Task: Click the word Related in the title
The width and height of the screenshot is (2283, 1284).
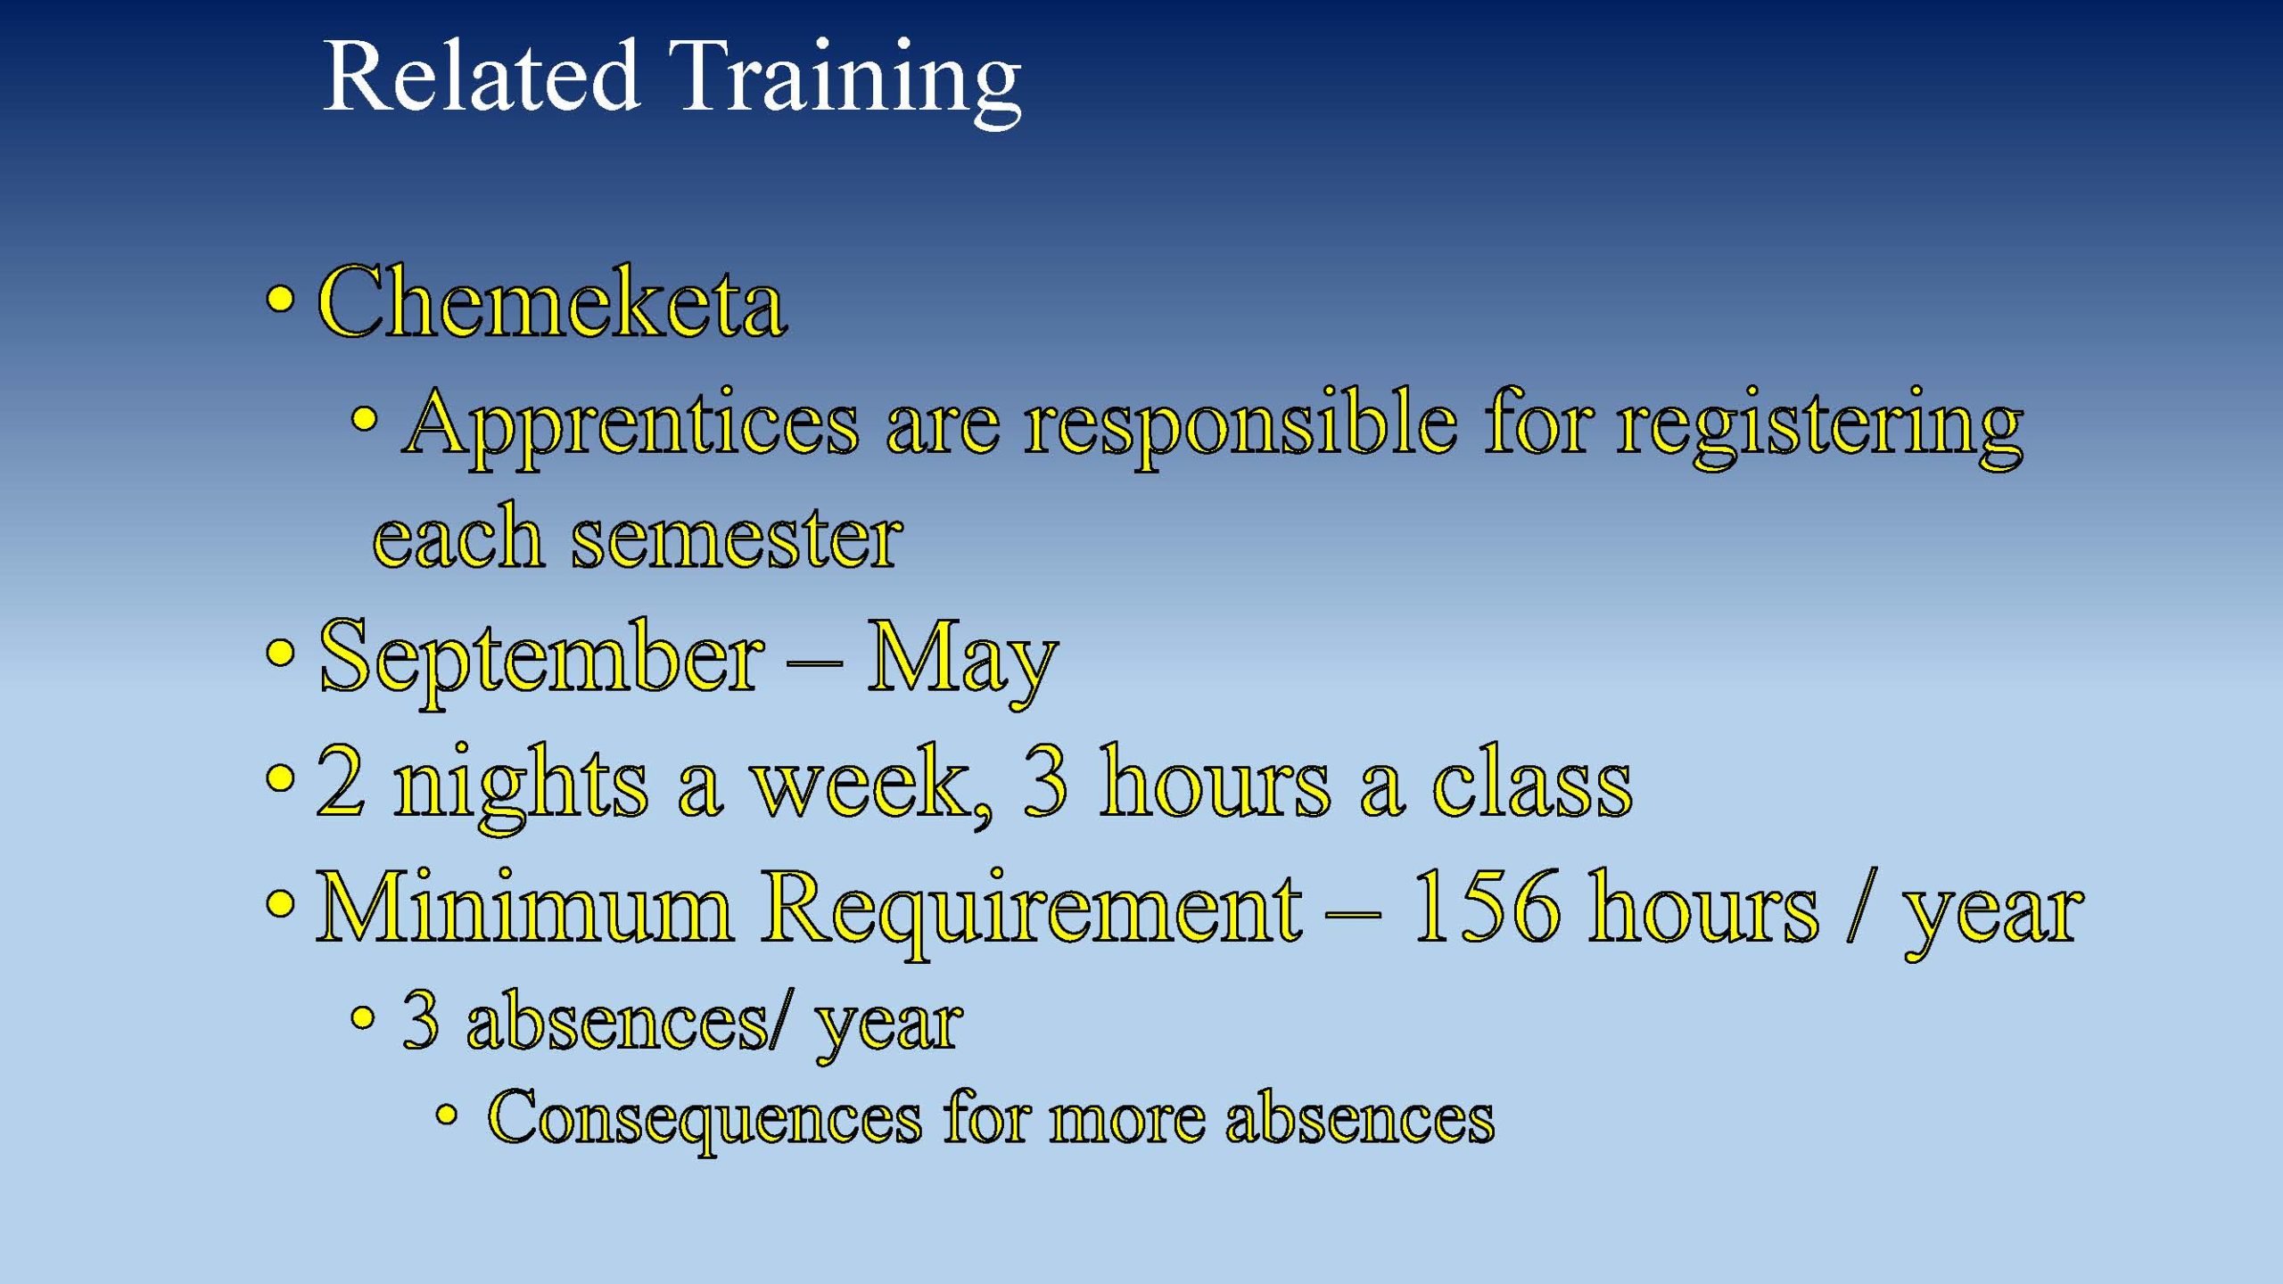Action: click(481, 77)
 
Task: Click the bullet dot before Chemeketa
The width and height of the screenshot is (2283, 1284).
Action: click(279, 300)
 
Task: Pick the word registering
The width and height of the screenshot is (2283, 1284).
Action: click(1820, 427)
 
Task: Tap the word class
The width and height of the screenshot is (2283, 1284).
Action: click(1532, 779)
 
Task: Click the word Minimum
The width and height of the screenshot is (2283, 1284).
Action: click(525, 907)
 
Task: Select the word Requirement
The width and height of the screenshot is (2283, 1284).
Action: click(1032, 911)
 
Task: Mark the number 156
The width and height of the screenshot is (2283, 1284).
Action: click(1486, 906)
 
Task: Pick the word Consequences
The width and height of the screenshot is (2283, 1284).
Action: click(705, 1120)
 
